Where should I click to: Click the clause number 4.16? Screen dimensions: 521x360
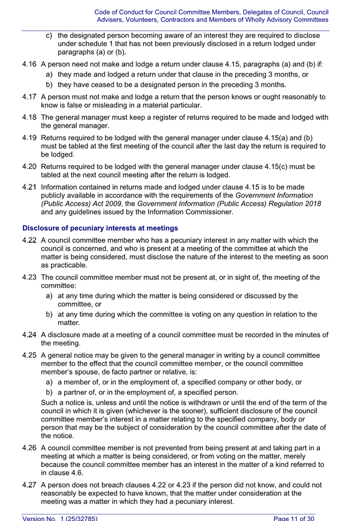pos(30,64)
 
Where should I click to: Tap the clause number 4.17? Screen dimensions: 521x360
pos(30,97)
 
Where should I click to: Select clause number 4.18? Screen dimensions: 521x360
pos(30,117)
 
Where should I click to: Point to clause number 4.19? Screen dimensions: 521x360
pos(30,138)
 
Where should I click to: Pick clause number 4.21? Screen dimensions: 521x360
pos(30,187)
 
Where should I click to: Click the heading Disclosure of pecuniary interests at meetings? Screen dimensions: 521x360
pos(100,228)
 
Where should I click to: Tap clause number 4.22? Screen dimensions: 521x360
pos(30,240)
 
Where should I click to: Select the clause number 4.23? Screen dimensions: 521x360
pos(30,278)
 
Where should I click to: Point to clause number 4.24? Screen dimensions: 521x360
pos(30,335)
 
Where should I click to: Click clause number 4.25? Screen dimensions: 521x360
pos(30,355)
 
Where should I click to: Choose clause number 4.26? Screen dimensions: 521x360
pos(30,448)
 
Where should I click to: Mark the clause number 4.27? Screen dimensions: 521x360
pos(30,485)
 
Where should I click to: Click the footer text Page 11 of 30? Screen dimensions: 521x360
pos(294,518)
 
